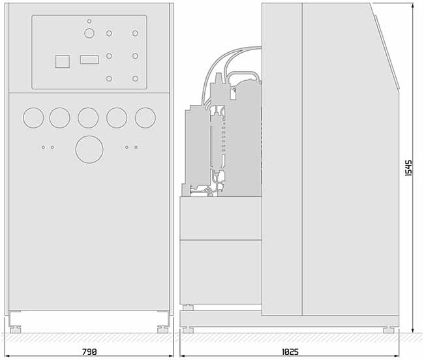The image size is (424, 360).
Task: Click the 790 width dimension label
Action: [x=89, y=352]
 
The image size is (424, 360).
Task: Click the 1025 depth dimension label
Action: [x=290, y=352]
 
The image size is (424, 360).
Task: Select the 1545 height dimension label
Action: [x=408, y=168]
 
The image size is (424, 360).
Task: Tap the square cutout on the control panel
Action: [x=63, y=61]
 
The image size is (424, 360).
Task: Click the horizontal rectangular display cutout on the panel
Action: [x=89, y=59]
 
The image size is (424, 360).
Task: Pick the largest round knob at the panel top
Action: [x=89, y=33]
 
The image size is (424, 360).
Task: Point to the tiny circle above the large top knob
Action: [x=89, y=21]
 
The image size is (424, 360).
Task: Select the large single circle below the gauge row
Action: [x=89, y=149]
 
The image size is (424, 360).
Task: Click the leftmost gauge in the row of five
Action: [x=33, y=117]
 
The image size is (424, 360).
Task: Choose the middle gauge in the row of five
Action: [x=88, y=117]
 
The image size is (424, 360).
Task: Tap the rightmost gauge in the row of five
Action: [x=145, y=117]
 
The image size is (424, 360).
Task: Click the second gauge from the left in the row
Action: [x=59, y=117]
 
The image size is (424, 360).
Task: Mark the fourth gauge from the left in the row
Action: [x=117, y=117]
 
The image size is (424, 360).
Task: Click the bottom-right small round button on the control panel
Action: [x=135, y=79]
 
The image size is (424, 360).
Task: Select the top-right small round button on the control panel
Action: [x=135, y=33]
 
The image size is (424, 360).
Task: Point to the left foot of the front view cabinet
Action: [x=15, y=329]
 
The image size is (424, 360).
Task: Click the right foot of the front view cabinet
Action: [x=163, y=329]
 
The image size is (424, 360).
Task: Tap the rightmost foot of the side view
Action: [x=389, y=330]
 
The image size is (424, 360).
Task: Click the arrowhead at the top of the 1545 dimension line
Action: [x=413, y=6]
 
